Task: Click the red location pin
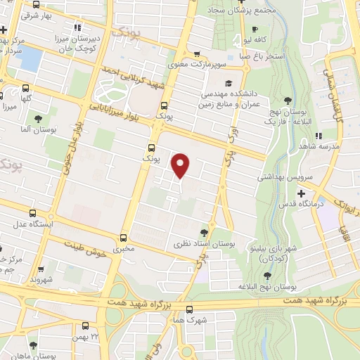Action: click(x=181, y=165)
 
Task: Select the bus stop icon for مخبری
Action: click(x=124, y=238)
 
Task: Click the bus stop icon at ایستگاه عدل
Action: click(x=32, y=214)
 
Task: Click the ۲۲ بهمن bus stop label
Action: click(x=84, y=336)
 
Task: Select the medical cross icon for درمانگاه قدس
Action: click(x=301, y=193)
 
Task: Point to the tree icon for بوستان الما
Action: click(x=37, y=119)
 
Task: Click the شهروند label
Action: click(x=43, y=279)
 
